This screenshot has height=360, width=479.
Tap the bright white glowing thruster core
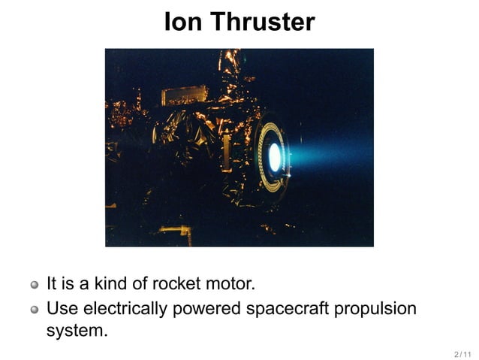point(274,157)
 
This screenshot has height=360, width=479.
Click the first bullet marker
point(35,286)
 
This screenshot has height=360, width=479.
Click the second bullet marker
point(35,310)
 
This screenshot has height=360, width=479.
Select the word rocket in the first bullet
point(177,284)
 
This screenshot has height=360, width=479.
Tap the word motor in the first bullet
point(230,284)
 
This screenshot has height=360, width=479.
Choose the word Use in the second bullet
point(62,308)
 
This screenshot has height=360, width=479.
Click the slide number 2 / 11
point(462,353)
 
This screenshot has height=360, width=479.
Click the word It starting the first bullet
point(52,284)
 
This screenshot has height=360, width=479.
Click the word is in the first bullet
point(68,284)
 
